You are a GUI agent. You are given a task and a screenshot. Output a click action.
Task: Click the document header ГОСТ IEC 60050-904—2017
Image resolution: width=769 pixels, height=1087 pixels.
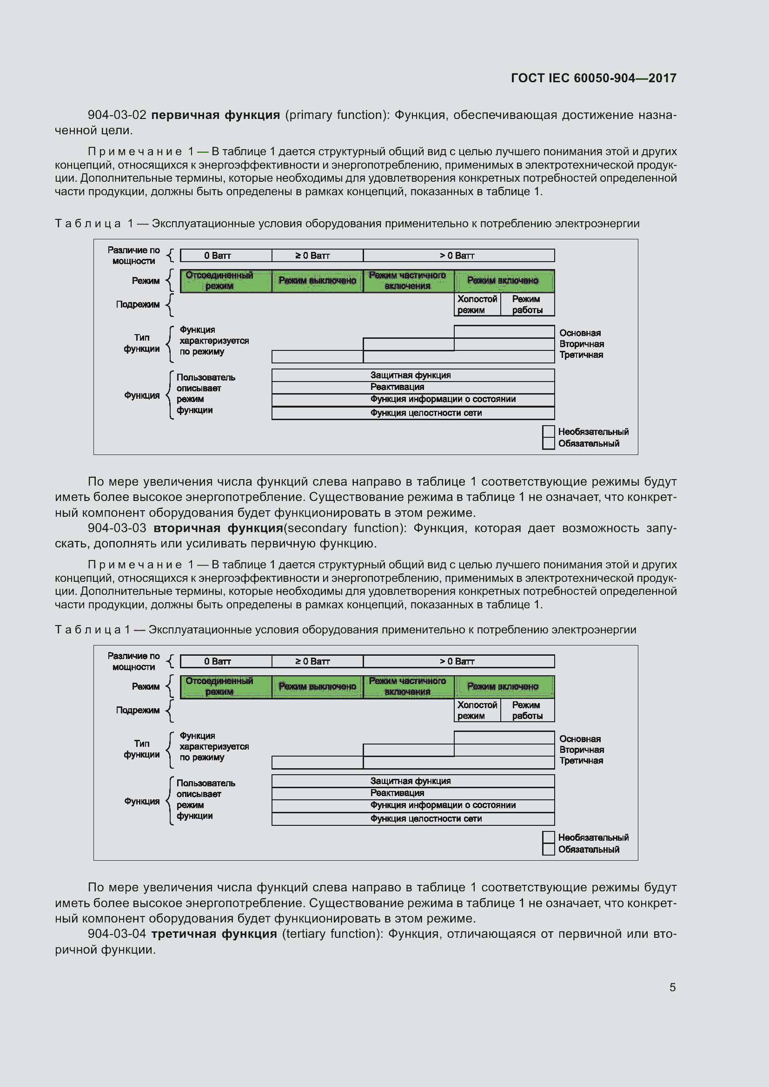593,78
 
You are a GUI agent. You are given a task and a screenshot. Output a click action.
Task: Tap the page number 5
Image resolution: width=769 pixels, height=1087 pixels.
672,987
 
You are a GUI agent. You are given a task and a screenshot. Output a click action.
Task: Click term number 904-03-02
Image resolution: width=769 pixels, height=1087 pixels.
117,115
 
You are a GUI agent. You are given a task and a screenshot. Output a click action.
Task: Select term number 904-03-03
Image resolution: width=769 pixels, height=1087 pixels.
117,528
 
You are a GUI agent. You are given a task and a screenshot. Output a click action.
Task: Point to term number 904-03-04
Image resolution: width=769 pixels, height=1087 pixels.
117,934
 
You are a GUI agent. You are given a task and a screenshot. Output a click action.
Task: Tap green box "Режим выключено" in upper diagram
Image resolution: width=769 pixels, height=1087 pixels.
317,281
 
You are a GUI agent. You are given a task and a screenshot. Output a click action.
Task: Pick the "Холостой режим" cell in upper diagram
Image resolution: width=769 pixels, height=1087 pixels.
477,304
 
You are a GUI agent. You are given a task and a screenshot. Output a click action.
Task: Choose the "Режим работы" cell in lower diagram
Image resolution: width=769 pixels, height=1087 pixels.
527,710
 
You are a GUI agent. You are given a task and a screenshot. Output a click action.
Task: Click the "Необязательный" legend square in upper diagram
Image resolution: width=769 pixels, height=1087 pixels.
548,431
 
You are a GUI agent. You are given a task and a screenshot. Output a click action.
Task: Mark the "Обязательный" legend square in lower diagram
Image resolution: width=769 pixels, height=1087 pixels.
548,850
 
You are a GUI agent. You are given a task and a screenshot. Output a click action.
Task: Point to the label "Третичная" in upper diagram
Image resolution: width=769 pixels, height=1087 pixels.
581,355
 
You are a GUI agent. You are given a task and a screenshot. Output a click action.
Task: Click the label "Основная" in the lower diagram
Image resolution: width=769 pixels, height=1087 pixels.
580,739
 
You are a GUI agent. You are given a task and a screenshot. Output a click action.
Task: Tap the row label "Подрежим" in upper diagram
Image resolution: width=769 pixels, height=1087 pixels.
138,304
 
